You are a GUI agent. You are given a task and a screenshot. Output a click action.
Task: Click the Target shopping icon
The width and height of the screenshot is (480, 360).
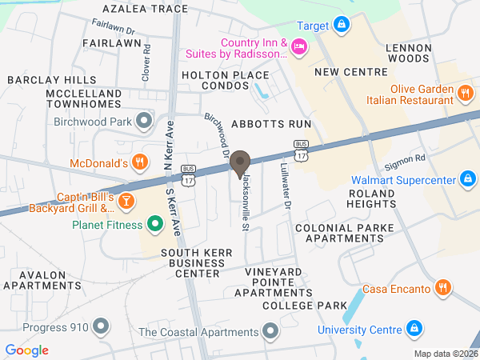tap(342, 26)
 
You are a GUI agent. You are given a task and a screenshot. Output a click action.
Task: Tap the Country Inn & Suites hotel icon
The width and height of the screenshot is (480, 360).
tap(300, 48)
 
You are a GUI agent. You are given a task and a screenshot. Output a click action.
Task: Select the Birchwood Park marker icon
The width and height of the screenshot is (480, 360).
tap(144, 122)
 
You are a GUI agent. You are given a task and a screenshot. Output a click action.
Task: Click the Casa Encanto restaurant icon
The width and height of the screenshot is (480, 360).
tap(442, 288)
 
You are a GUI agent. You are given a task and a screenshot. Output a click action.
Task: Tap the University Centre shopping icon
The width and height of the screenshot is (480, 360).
tap(414, 329)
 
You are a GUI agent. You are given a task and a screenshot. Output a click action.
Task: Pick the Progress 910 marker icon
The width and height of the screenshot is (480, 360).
tap(101, 326)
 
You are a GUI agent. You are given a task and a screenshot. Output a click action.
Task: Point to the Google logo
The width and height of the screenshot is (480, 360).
tap(26, 350)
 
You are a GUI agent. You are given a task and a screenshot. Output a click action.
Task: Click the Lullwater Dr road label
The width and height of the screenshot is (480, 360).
tap(285, 183)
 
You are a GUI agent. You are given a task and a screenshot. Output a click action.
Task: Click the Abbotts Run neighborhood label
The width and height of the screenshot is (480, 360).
tap(270, 125)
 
